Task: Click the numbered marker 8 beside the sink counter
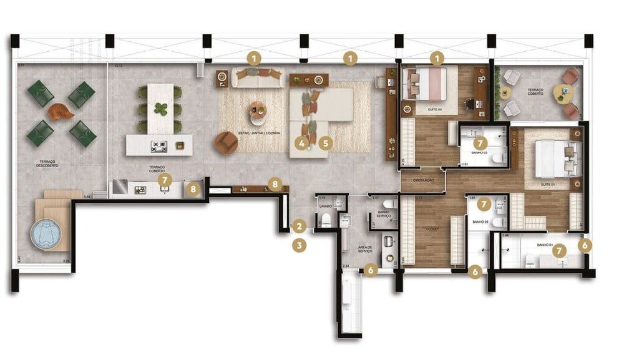point(193,188)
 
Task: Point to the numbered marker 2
point(300,226)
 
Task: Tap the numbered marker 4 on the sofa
point(302,142)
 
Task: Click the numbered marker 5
point(324,142)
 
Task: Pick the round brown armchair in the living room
point(226,143)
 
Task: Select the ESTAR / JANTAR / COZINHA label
point(258,133)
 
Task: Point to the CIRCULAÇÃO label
point(422,180)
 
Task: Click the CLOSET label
point(431,229)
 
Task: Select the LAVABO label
point(324,205)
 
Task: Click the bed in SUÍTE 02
point(427,84)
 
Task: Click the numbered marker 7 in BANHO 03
point(480,142)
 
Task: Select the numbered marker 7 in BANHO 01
point(560,250)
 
